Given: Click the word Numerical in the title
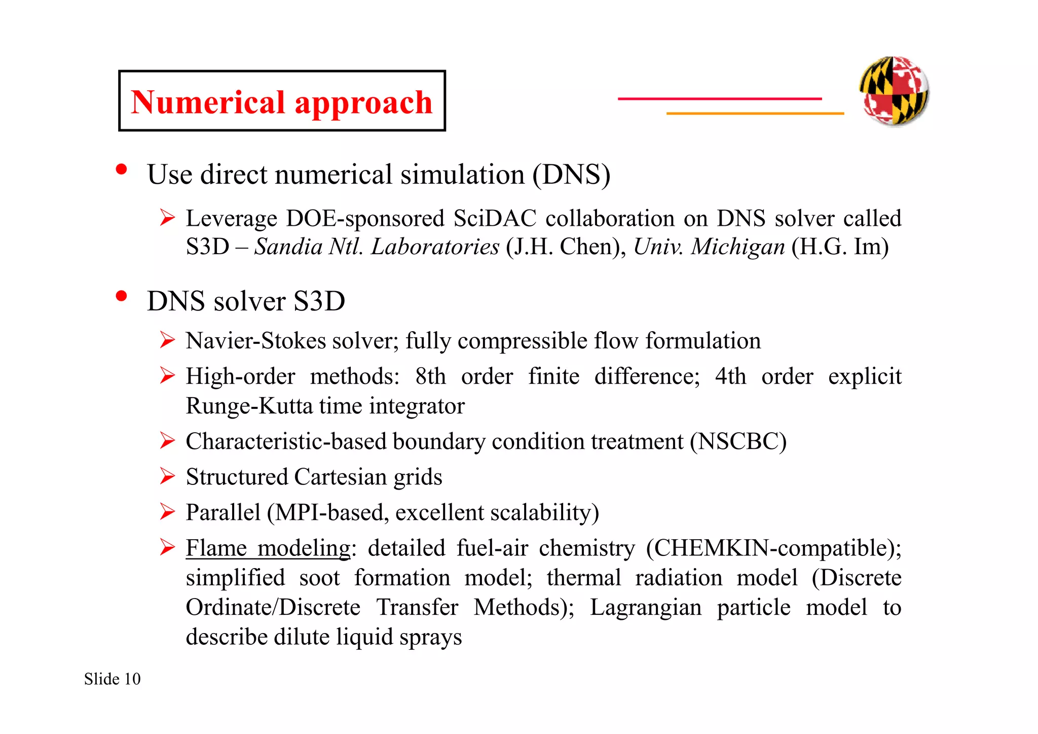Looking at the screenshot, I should tap(208, 102).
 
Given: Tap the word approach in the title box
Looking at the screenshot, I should tap(363, 103).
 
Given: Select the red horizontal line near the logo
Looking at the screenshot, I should tap(719, 98).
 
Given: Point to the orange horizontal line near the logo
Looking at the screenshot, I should tap(755, 114).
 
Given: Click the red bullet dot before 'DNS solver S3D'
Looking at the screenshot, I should tap(121, 296).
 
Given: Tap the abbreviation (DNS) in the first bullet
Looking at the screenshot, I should tap(571, 175).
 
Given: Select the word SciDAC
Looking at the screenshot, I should tap(495, 219).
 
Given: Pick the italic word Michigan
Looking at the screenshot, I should tap(738, 247).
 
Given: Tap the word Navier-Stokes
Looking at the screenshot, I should tap(256, 341).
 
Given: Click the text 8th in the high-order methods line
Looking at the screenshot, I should tap(430, 377).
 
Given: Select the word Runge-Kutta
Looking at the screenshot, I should tap(249, 406).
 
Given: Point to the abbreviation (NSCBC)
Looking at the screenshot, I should tap(738, 442).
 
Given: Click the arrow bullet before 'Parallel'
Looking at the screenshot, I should tap(167, 512).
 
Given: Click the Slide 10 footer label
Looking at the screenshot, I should tap(113, 679).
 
